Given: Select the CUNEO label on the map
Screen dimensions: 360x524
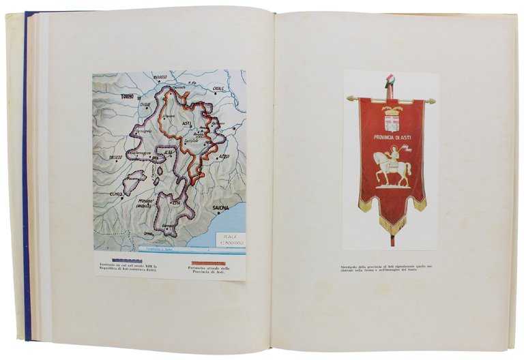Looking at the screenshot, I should [x=119, y=194].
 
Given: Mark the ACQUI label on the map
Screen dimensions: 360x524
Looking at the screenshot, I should [x=222, y=155].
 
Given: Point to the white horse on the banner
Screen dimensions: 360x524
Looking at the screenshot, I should [x=390, y=167].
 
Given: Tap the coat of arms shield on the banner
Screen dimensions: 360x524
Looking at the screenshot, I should [x=392, y=122].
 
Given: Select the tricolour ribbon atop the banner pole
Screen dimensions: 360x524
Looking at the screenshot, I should [x=391, y=84].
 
